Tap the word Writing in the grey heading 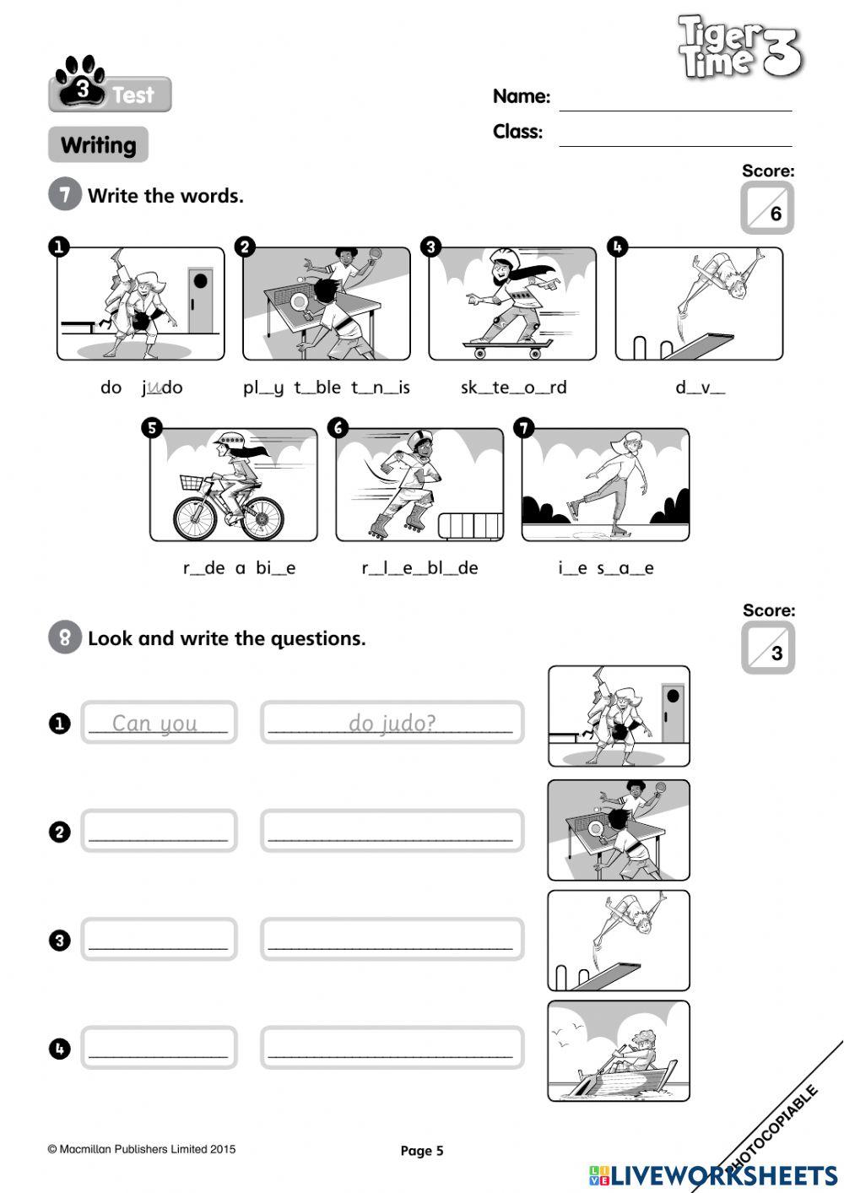(x=99, y=145)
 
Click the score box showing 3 (x=768, y=648)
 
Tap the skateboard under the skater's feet (x=507, y=344)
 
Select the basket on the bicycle (x=193, y=483)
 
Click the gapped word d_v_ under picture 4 (x=700, y=388)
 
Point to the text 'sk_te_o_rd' (x=513, y=388)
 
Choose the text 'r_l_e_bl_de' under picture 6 (x=419, y=568)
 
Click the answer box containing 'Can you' (x=159, y=723)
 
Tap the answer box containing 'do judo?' (x=392, y=723)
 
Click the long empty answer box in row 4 (x=392, y=1048)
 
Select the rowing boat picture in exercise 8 (x=619, y=1051)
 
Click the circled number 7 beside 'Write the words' (x=65, y=195)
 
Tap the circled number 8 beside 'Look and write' (x=65, y=637)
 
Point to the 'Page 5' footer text (x=421, y=1151)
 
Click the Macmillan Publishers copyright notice (x=142, y=1149)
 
